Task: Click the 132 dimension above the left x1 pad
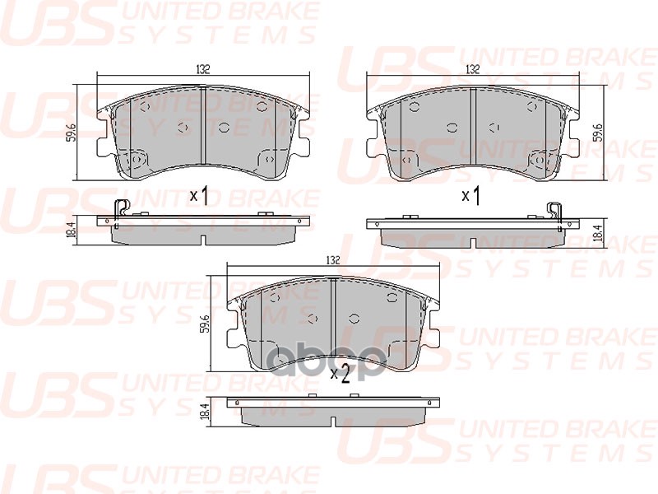click(x=202, y=69)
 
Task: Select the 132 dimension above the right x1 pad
click(x=472, y=69)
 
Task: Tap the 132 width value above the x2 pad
click(x=332, y=260)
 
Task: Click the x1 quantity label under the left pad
click(x=200, y=195)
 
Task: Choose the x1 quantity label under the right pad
click(x=470, y=195)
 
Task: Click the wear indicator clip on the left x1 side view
click(x=120, y=212)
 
